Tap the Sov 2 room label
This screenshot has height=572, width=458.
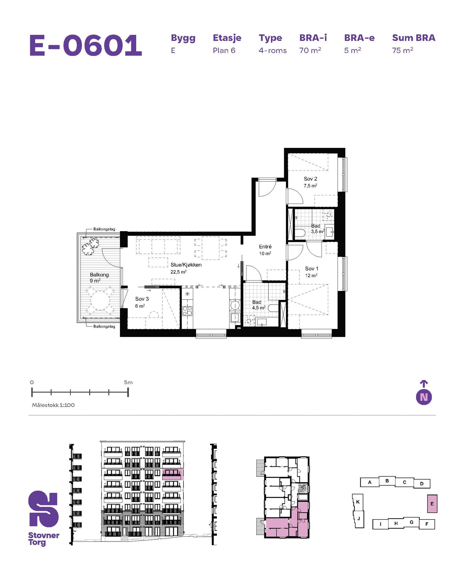tap(310, 179)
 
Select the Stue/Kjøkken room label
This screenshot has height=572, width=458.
tap(186, 265)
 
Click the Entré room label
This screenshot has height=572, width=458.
tap(265, 247)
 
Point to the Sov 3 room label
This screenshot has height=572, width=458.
tap(142, 299)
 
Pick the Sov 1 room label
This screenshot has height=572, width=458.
tap(312, 269)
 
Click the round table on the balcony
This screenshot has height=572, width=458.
tap(100, 300)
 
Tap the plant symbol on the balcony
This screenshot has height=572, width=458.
tap(90, 246)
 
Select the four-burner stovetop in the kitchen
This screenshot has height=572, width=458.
tap(187, 310)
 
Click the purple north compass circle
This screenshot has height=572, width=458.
tap(424, 397)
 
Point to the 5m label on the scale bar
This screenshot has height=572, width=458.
tap(128, 382)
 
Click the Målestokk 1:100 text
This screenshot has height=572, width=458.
tap(53, 405)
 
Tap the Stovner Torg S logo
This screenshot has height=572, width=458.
tap(43, 509)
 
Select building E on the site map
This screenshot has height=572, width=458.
tap(432, 504)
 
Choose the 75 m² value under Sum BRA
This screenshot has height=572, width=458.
tap(403, 50)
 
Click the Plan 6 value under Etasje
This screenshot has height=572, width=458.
tap(224, 51)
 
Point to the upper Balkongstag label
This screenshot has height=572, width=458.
tap(104, 229)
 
